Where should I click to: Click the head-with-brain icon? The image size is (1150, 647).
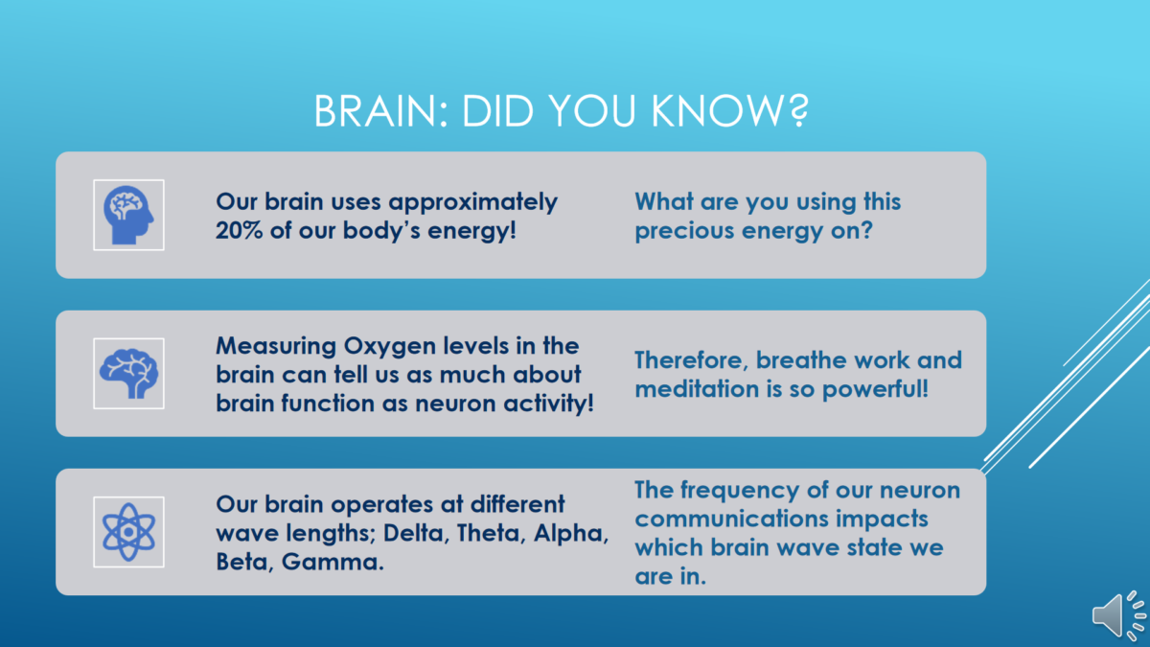(x=128, y=215)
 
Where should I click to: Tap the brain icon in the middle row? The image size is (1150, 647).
(x=128, y=373)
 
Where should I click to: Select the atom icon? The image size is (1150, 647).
(x=128, y=532)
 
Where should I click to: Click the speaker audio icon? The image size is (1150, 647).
(x=1119, y=615)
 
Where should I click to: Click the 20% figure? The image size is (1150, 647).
(x=240, y=230)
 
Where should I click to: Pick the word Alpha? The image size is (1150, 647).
(x=571, y=533)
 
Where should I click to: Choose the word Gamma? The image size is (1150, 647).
(x=333, y=562)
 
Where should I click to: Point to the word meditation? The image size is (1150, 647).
(x=697, y=389)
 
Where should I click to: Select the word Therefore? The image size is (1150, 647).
(x=692, y=360)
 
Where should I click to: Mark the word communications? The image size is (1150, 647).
(x=731, y=519)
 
